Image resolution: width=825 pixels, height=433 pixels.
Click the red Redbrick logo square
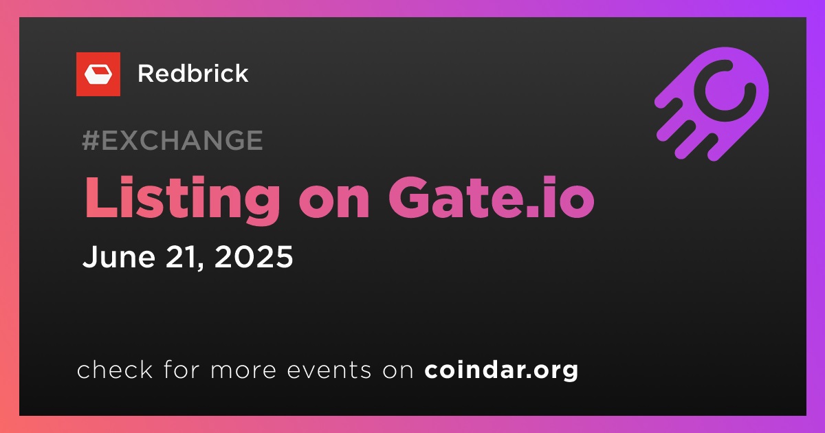[x=98, y=74]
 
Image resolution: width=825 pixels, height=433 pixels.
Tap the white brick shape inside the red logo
[x=98, y=75]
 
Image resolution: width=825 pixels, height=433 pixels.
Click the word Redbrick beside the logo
[x=193, y=74]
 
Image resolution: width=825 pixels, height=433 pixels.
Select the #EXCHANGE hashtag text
[x=173, y=140]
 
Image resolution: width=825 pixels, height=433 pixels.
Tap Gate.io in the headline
[x=492, y=198]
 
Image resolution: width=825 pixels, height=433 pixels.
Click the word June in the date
[x=118, y=256]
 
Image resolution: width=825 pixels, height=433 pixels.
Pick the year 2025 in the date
[x=254, y=256]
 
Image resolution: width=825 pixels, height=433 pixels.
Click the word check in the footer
[x=115, y=369]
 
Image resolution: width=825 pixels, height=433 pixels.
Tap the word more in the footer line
[x=243, y=370]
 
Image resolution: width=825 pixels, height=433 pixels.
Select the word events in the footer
[x=329, y=370]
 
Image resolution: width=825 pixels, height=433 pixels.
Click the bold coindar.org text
[x=501, y=370]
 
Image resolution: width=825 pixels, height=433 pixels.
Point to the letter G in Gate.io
[x=410, y=198]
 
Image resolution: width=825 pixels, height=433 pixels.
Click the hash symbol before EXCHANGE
[x=91, y=140]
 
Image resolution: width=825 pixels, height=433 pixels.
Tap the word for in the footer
[x=181, y=369]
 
